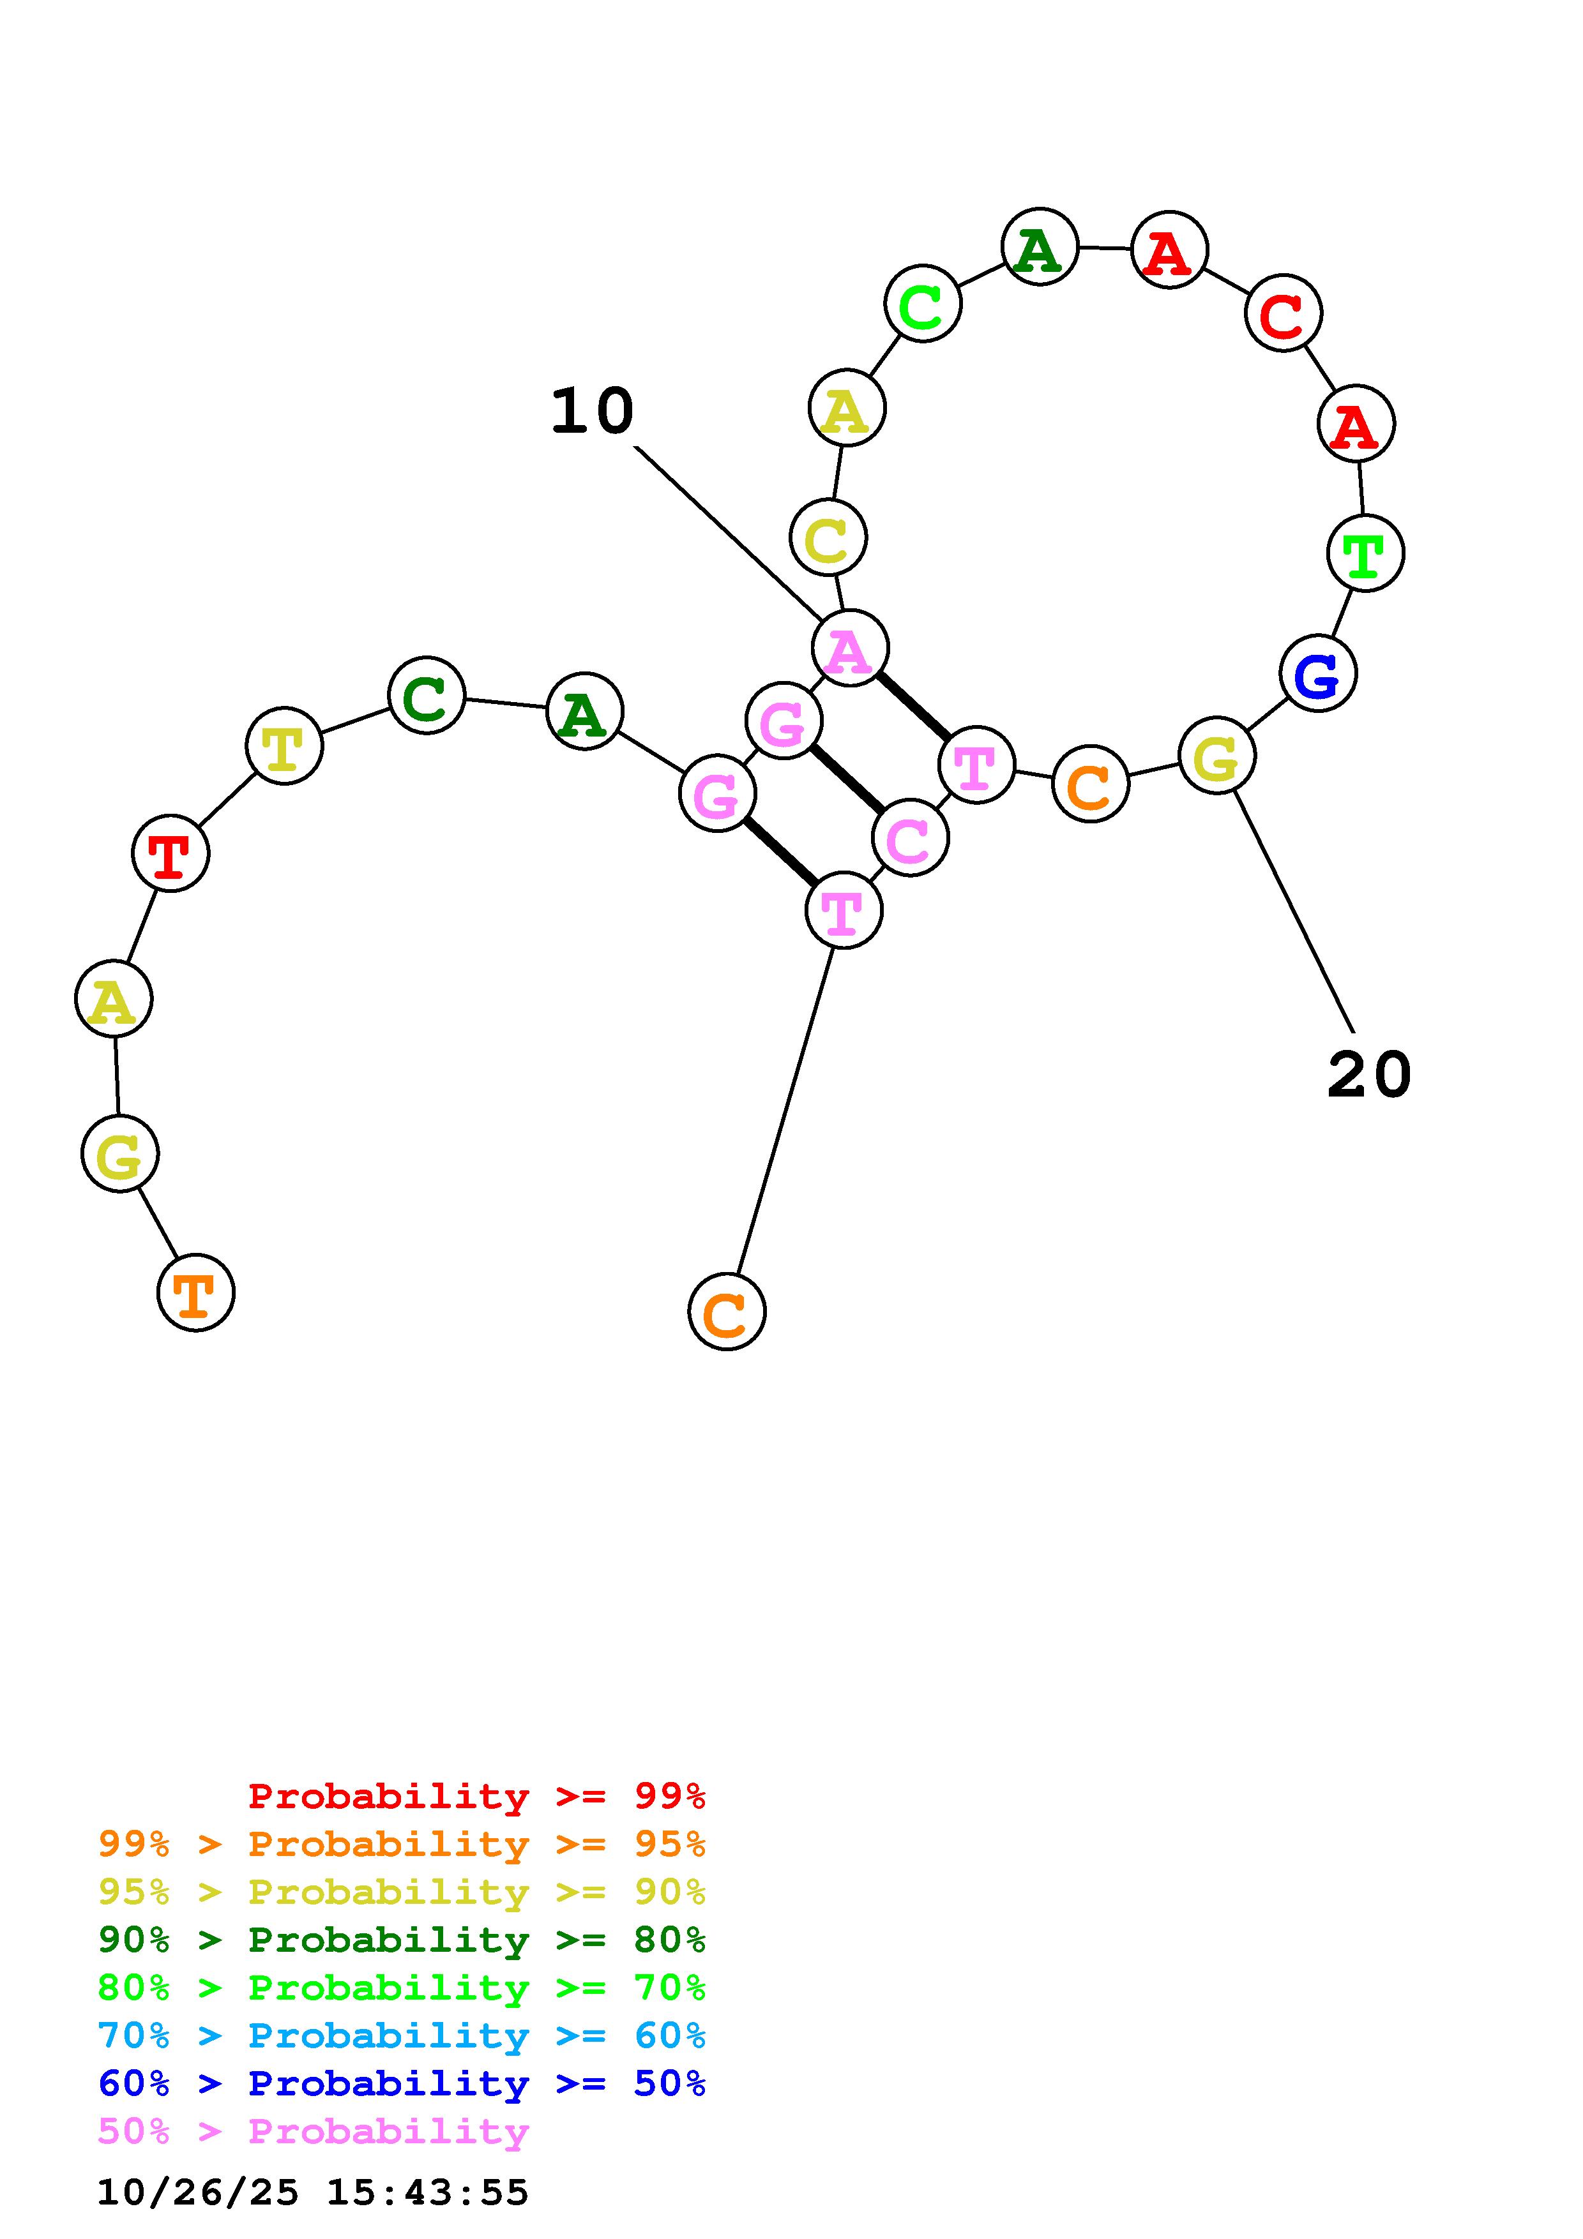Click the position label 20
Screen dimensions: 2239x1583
[x=1368, y=1075]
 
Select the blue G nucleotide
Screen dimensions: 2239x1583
[x=1318, y=674]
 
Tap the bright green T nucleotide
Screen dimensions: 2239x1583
[x=1365, y=554]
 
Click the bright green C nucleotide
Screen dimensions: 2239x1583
[x=923, y=304]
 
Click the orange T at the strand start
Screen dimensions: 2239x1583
[x=196, y=1293]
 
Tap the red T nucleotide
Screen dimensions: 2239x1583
[x=170, y=854]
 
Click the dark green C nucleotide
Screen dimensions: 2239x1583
[x=426, y=696]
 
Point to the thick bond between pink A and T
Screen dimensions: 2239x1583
[x=913, y=705]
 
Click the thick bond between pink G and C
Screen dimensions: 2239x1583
[x=847, y=779]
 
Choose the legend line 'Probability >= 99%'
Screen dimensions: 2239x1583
[x=477, y=1796]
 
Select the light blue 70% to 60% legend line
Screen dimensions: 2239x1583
[x=402, y=2035]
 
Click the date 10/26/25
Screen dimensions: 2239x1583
[x=198, y=2192]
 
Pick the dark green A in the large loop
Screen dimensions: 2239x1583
[x=1040, y=248]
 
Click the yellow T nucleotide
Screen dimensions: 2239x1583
[x=284, y=747]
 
